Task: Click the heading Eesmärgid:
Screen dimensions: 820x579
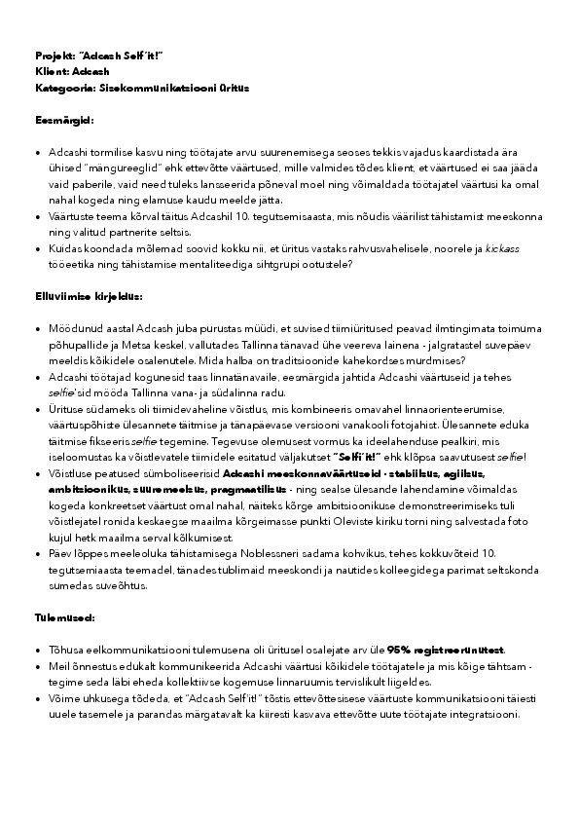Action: pos(64,120)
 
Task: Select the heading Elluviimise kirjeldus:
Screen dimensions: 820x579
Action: pos(89,294)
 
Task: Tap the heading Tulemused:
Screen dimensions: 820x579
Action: pos(64,617)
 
